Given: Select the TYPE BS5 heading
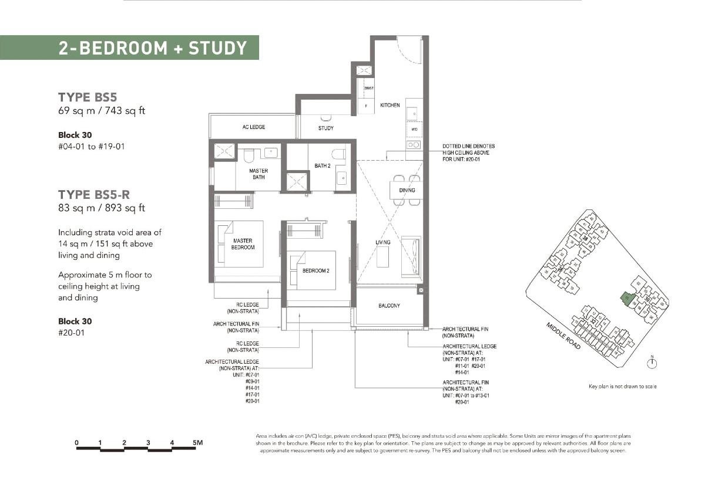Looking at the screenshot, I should [91, 97].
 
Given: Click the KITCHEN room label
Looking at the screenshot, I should [390, 106].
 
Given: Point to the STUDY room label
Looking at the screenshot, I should [326, 128].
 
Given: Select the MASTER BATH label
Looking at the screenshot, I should [258, 174].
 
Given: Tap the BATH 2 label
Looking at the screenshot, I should [323, 166].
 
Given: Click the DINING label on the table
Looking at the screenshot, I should [407, 190].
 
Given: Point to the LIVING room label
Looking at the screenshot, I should [383, 242].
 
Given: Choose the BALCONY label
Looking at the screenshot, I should [389, 306].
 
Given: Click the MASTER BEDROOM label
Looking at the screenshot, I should [243, 244].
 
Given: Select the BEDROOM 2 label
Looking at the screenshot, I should [315, 270].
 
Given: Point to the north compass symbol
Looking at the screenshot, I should [652, 364].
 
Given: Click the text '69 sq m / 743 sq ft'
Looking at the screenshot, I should [101, 111].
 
